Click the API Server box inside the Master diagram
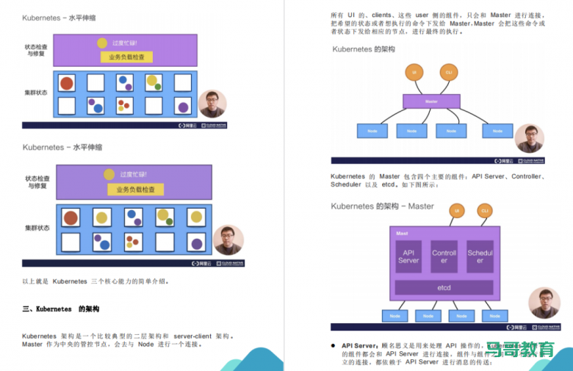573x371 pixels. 408,256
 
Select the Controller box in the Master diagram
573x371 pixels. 444,256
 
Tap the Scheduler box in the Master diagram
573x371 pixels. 480,256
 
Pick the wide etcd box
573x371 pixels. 444,287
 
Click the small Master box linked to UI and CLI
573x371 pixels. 431,101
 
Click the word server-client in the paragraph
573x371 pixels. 195,336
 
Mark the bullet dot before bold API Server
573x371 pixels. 334,345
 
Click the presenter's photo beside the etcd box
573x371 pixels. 544,303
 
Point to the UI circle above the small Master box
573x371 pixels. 414,72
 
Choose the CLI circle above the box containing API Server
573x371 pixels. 484,211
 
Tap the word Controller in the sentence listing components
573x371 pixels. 526,176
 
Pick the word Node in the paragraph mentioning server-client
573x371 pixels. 146,344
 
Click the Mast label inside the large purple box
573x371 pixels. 402,234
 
